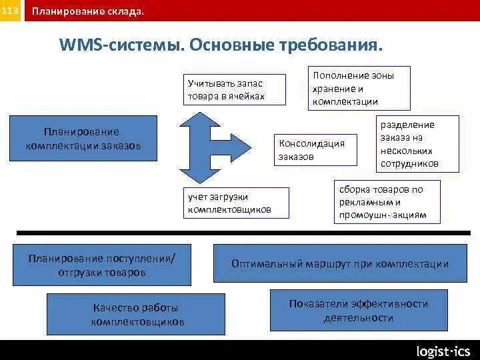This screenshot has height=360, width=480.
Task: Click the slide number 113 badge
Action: [x=11, y=11]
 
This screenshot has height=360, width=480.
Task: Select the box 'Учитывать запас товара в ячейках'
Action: [x=235, y=89]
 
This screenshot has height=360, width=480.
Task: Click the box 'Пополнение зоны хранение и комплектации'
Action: [x=359, y=88]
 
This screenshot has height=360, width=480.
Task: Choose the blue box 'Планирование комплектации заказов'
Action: [x=83, y=139]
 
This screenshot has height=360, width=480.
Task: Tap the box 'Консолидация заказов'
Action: [x=316, y=150]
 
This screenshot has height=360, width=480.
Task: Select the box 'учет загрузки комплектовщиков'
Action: [x=236, y=203]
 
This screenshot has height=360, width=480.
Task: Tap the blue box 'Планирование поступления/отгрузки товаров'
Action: [x=101, y=265]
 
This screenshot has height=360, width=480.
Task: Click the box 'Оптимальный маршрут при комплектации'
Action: [x=339, y=263]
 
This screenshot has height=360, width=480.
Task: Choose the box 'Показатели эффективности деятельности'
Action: [x=359, y=311]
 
